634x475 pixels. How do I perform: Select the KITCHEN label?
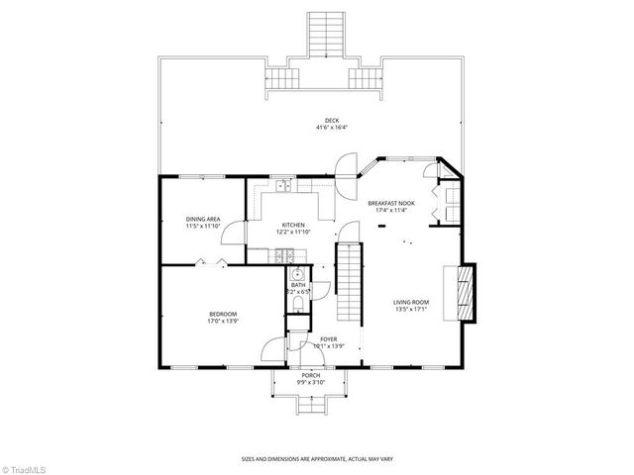pos(292,225)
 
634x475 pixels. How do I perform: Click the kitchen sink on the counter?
pos(282,186)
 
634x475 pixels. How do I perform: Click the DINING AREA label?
pos(202,219)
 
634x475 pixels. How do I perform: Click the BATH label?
pos(297,285)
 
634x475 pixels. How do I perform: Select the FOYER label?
pos(327,338)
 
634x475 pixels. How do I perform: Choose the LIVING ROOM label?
pos(409,303)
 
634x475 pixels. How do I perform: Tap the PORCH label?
pos(310,376)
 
